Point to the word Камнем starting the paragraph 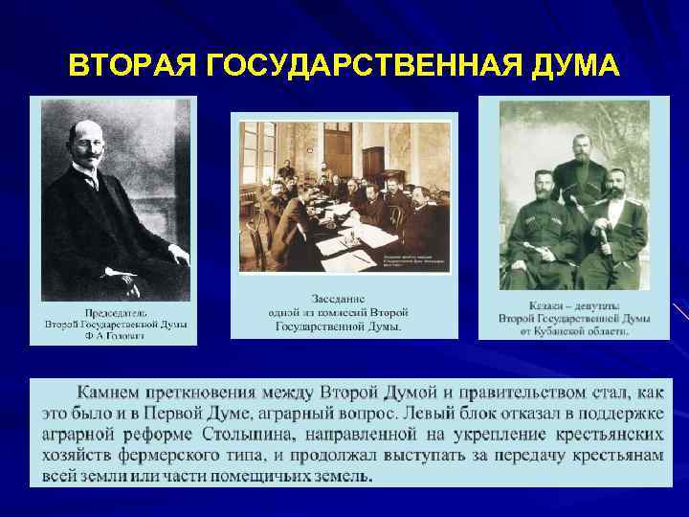pos(112,393)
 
